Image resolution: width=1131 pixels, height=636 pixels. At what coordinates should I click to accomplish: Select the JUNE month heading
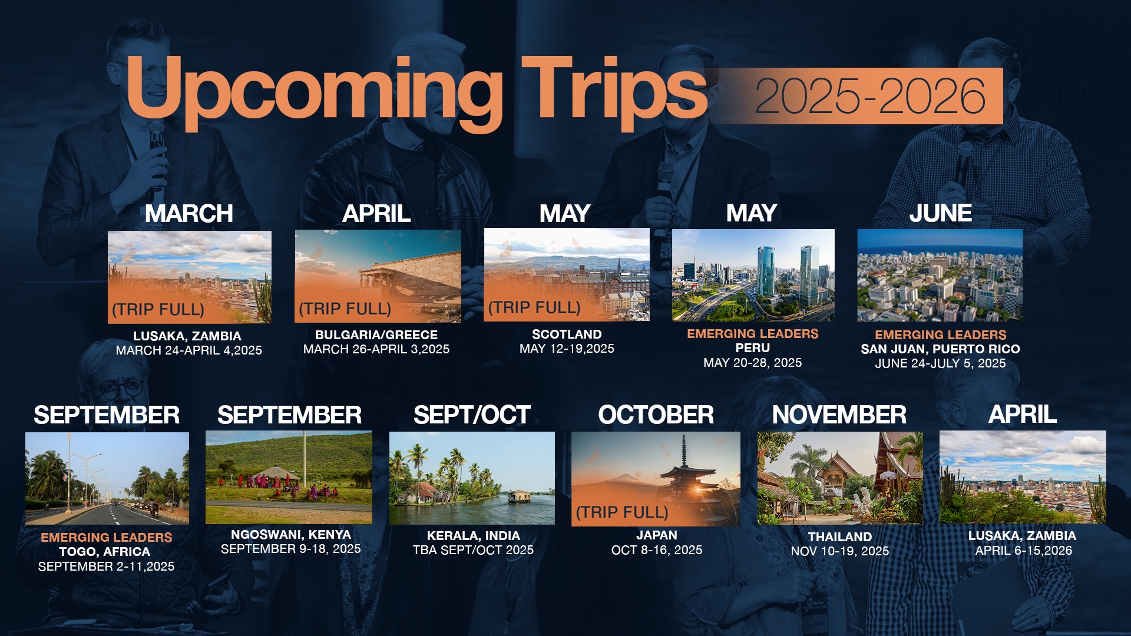coord(940,213)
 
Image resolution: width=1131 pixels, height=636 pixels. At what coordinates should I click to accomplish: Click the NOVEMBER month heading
coord(839,415)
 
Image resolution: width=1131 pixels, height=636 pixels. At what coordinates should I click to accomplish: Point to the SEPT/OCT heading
coord(472,415)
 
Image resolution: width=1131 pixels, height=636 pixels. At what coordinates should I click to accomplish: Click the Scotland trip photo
coord(567,275)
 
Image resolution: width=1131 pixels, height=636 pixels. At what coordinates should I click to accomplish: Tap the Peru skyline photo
coord(753,275)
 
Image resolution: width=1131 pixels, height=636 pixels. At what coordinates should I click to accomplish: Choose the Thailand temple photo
coord(840,478)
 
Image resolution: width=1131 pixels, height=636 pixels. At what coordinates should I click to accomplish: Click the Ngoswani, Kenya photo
coord(289,478)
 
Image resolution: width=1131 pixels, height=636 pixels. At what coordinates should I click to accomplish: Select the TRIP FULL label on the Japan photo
coord(622,512)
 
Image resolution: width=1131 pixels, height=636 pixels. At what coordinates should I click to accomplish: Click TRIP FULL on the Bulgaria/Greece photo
coord(345,309)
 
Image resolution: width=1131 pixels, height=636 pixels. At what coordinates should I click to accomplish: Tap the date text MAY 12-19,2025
coord(567,349)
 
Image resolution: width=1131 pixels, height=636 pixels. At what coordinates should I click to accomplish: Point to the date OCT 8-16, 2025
coord(657,550)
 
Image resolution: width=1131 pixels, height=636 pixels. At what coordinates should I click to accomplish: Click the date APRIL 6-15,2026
coord(1023,551)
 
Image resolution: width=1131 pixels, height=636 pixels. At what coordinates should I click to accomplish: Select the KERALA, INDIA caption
coord(474,536)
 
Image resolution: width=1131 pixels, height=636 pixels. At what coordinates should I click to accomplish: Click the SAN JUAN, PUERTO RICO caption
coord(940,349)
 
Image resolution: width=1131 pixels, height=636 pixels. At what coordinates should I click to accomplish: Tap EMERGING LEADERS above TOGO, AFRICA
coord(107,538)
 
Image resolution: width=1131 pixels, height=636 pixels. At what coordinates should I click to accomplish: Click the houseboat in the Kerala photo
coord(519,497)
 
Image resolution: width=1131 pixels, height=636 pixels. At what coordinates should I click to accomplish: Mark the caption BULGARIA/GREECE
coord(376,335)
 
